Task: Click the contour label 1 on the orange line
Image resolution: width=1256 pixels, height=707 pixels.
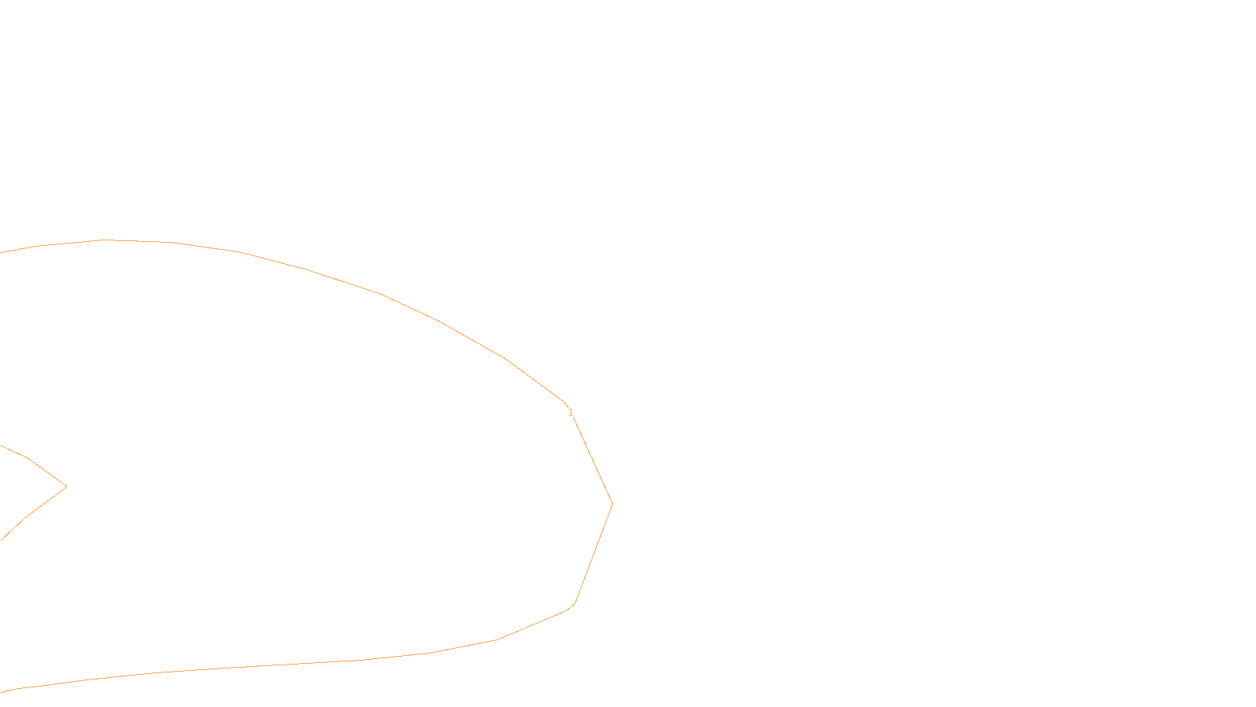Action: point(571,412)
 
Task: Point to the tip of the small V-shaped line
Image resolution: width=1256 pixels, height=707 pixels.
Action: point(67,486)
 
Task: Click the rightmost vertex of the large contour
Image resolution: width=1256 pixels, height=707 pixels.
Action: point(612,504)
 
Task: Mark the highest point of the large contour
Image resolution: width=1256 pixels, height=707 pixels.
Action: point(102,240)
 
